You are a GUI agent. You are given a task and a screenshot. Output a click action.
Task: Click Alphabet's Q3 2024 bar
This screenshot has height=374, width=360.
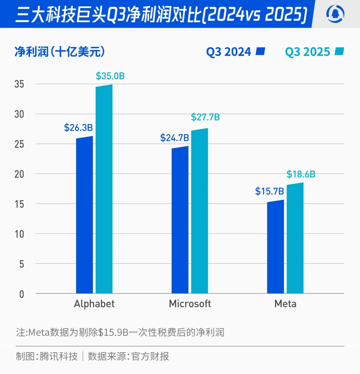click(84, 216)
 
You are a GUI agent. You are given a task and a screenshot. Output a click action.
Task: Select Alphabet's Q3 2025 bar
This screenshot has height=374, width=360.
click(104, 190)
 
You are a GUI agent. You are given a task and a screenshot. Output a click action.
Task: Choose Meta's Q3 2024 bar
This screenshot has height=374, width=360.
click(275, 248)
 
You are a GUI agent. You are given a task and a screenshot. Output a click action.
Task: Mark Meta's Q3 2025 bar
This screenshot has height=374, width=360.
click(295, 238)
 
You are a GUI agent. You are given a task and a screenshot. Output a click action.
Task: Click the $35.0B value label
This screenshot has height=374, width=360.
click(110, 76)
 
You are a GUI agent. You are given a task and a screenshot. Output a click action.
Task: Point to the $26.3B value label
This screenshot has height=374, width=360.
click(78, 128)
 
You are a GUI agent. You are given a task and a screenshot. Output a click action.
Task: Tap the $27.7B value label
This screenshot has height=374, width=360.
click(205, 117)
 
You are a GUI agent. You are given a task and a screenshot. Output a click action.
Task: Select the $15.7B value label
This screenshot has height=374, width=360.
click(269, 191)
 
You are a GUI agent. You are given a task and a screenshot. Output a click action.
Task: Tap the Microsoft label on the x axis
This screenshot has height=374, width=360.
click(190, 303)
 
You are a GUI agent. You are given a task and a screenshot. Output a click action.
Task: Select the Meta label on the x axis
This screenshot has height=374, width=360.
click(285, 303)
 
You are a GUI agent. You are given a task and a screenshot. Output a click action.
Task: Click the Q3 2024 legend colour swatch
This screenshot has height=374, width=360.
click(260, 51)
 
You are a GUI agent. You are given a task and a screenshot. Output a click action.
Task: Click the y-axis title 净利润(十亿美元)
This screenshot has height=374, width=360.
click(60, 51)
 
